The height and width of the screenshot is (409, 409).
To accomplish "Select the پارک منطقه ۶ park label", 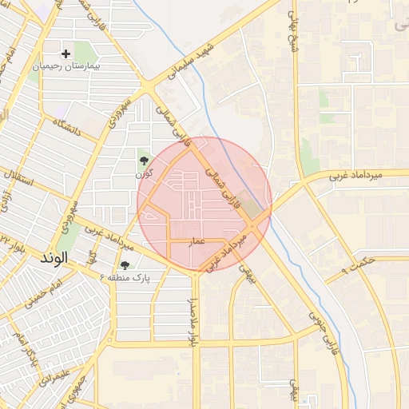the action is point(125,276).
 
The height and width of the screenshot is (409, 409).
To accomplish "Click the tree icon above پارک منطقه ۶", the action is point(125,264).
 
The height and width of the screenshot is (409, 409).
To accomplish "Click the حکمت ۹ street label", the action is point(356,263).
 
